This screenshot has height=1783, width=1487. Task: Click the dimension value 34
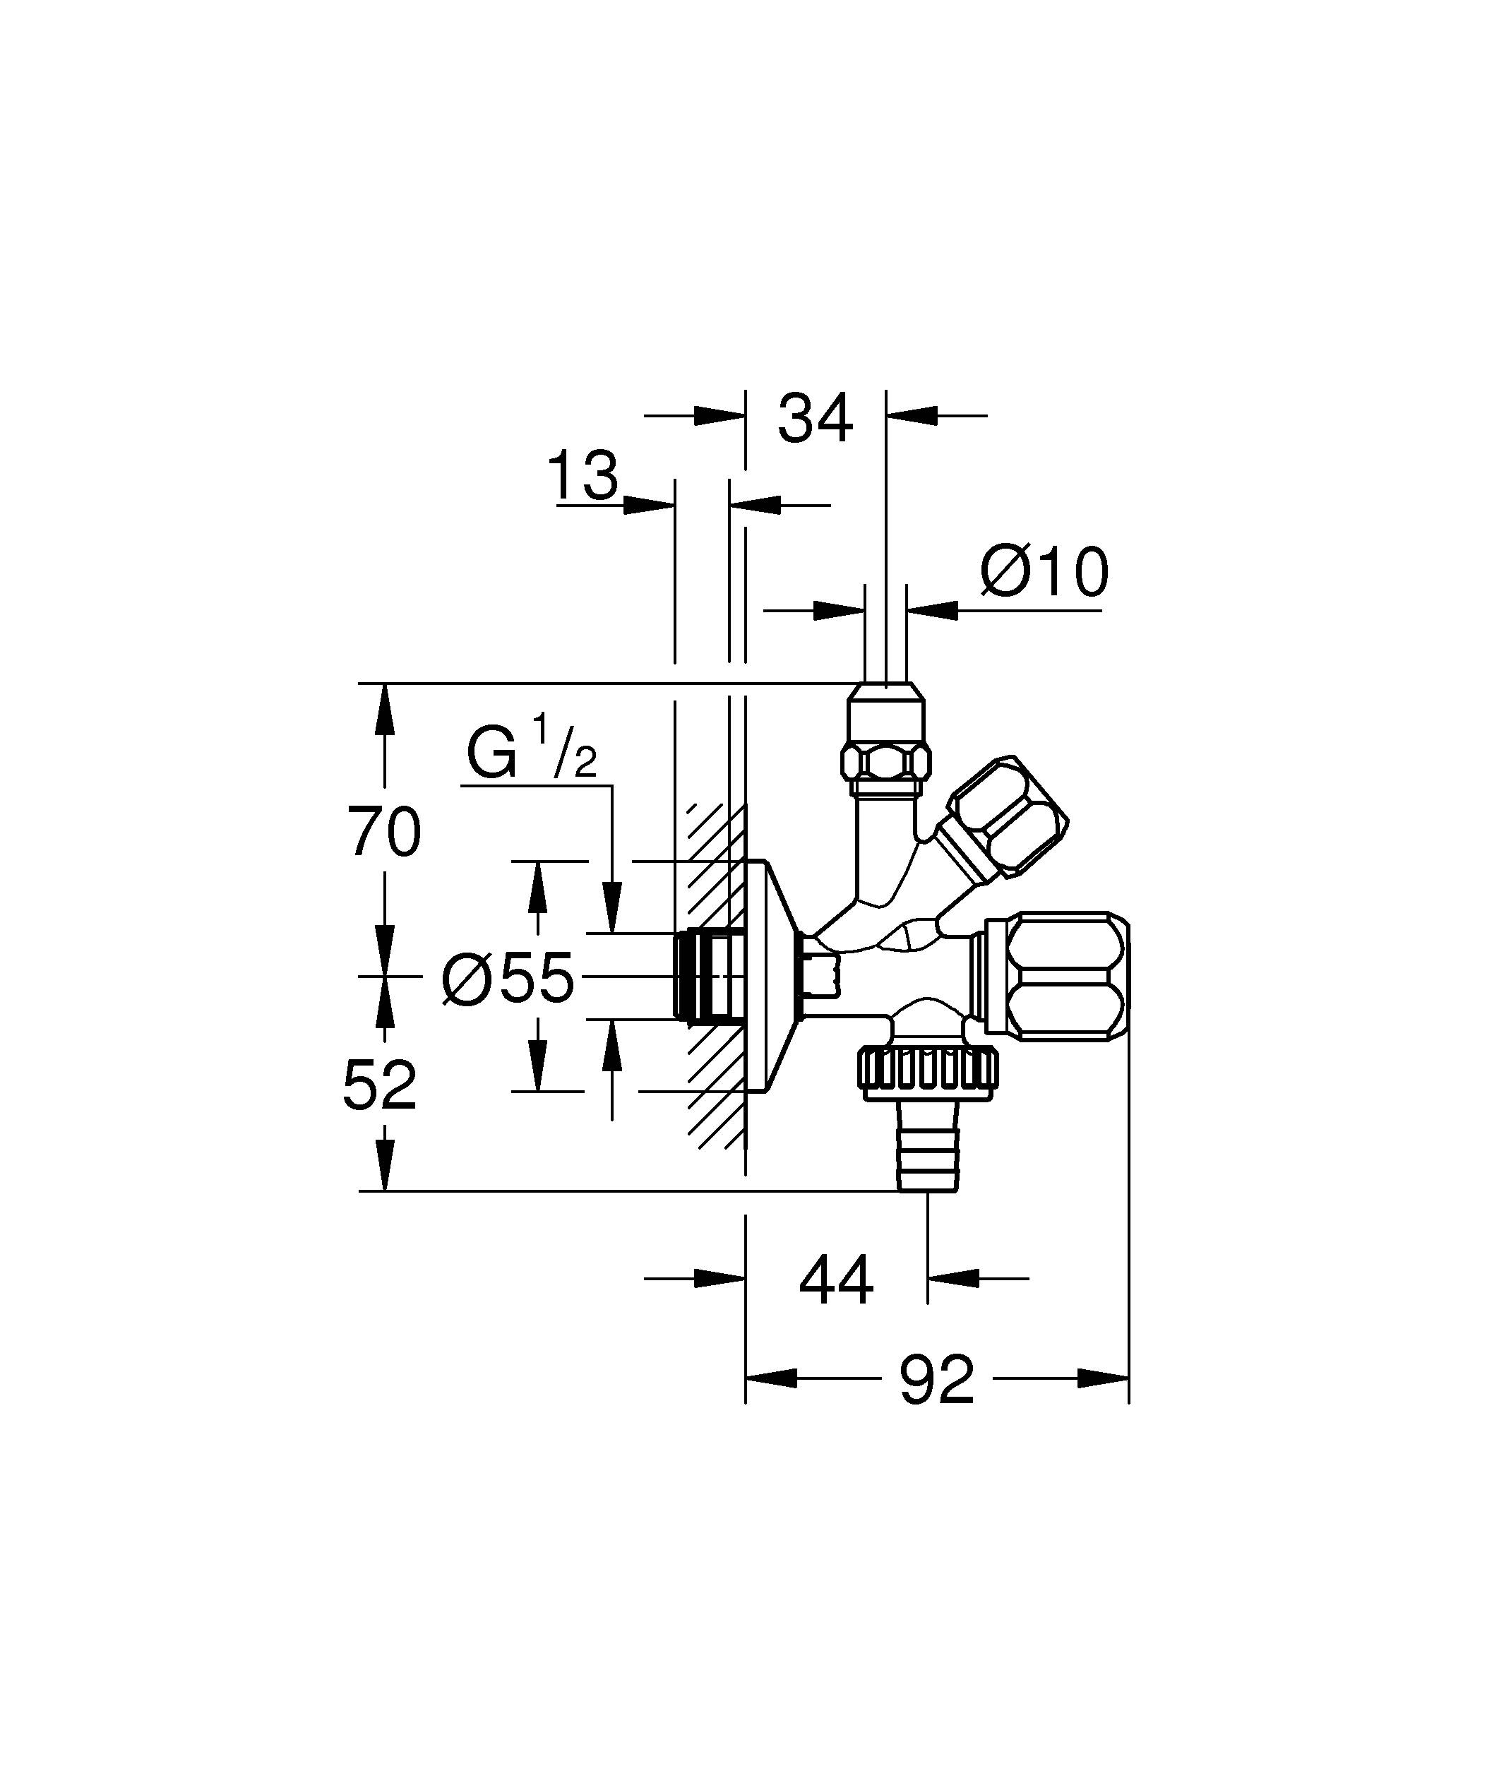[x=815, y=419]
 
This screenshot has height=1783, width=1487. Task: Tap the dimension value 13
[x=584, y=477]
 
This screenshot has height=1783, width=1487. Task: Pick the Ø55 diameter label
[x=508, y=977]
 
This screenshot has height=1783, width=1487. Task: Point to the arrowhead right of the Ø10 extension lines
[x=931, y=609]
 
